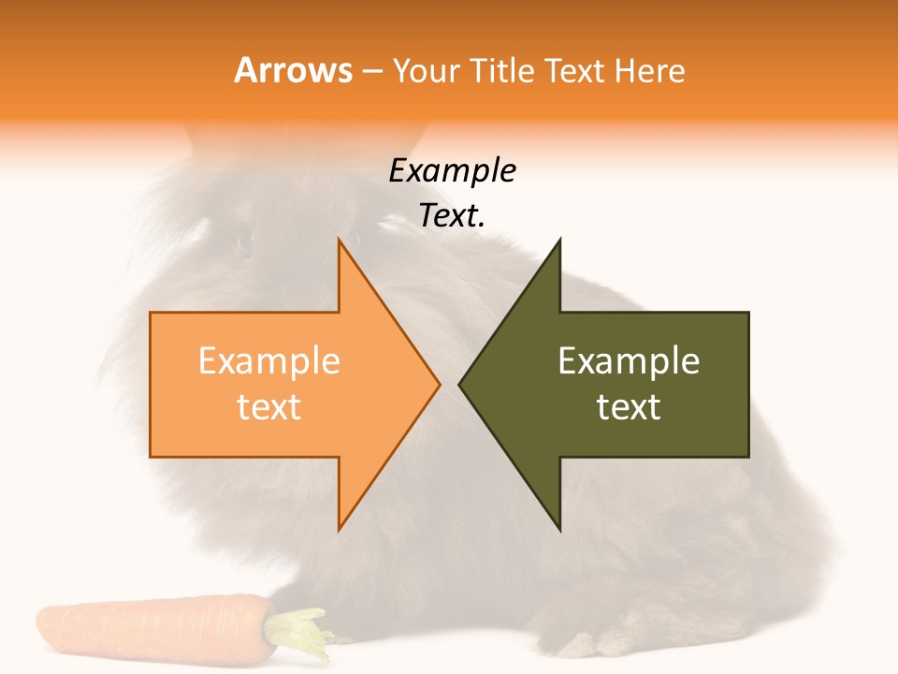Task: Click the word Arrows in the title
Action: click(294, 70)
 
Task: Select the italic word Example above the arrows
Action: click(452, 171)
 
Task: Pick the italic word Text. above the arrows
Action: click(452, 216)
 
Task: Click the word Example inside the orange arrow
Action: click(269, 361)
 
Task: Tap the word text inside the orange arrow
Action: click(269, 407)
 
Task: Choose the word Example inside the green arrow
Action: click(629, 361)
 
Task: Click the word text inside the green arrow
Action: click(629, 407)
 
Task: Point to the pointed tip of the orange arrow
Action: click(439, 384)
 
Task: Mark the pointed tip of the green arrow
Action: click(459, 384)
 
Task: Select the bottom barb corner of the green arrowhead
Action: click(559, 530)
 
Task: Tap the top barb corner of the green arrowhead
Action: click(559, 240)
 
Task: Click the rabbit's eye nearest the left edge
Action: click(245, 243)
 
